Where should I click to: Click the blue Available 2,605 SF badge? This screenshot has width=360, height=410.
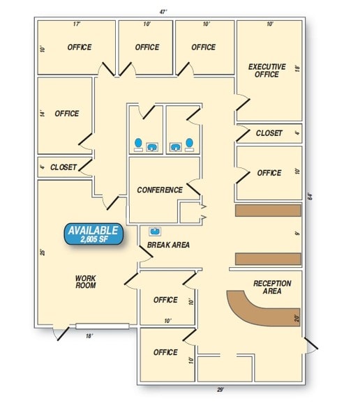point(93,234)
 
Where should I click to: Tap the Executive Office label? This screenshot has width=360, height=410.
point(267,70)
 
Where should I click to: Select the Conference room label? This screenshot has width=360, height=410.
point(160,190)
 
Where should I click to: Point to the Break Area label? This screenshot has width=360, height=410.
point(168,245)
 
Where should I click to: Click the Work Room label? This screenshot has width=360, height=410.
point(86,282)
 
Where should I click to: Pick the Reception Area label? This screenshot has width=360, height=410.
point(272,287)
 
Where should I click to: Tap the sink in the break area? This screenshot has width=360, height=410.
point(155,231)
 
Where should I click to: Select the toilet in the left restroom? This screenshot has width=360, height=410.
point(138,144)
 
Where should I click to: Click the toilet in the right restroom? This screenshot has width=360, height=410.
point(190,144)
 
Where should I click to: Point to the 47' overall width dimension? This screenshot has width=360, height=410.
point(163,12)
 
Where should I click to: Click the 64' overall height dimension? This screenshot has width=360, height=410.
point(310,197)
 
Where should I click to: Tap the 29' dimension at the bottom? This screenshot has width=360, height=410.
point(220,390)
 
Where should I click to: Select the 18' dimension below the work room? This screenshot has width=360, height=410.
point(89,336)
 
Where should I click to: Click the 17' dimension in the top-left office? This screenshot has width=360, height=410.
point(77,24)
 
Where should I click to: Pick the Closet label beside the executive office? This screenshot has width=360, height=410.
point(269,133)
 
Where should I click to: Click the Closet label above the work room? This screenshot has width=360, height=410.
point(63,167)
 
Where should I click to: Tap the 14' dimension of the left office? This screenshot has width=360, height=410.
point(43,113)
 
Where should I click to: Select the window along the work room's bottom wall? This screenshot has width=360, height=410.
point(103,326)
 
